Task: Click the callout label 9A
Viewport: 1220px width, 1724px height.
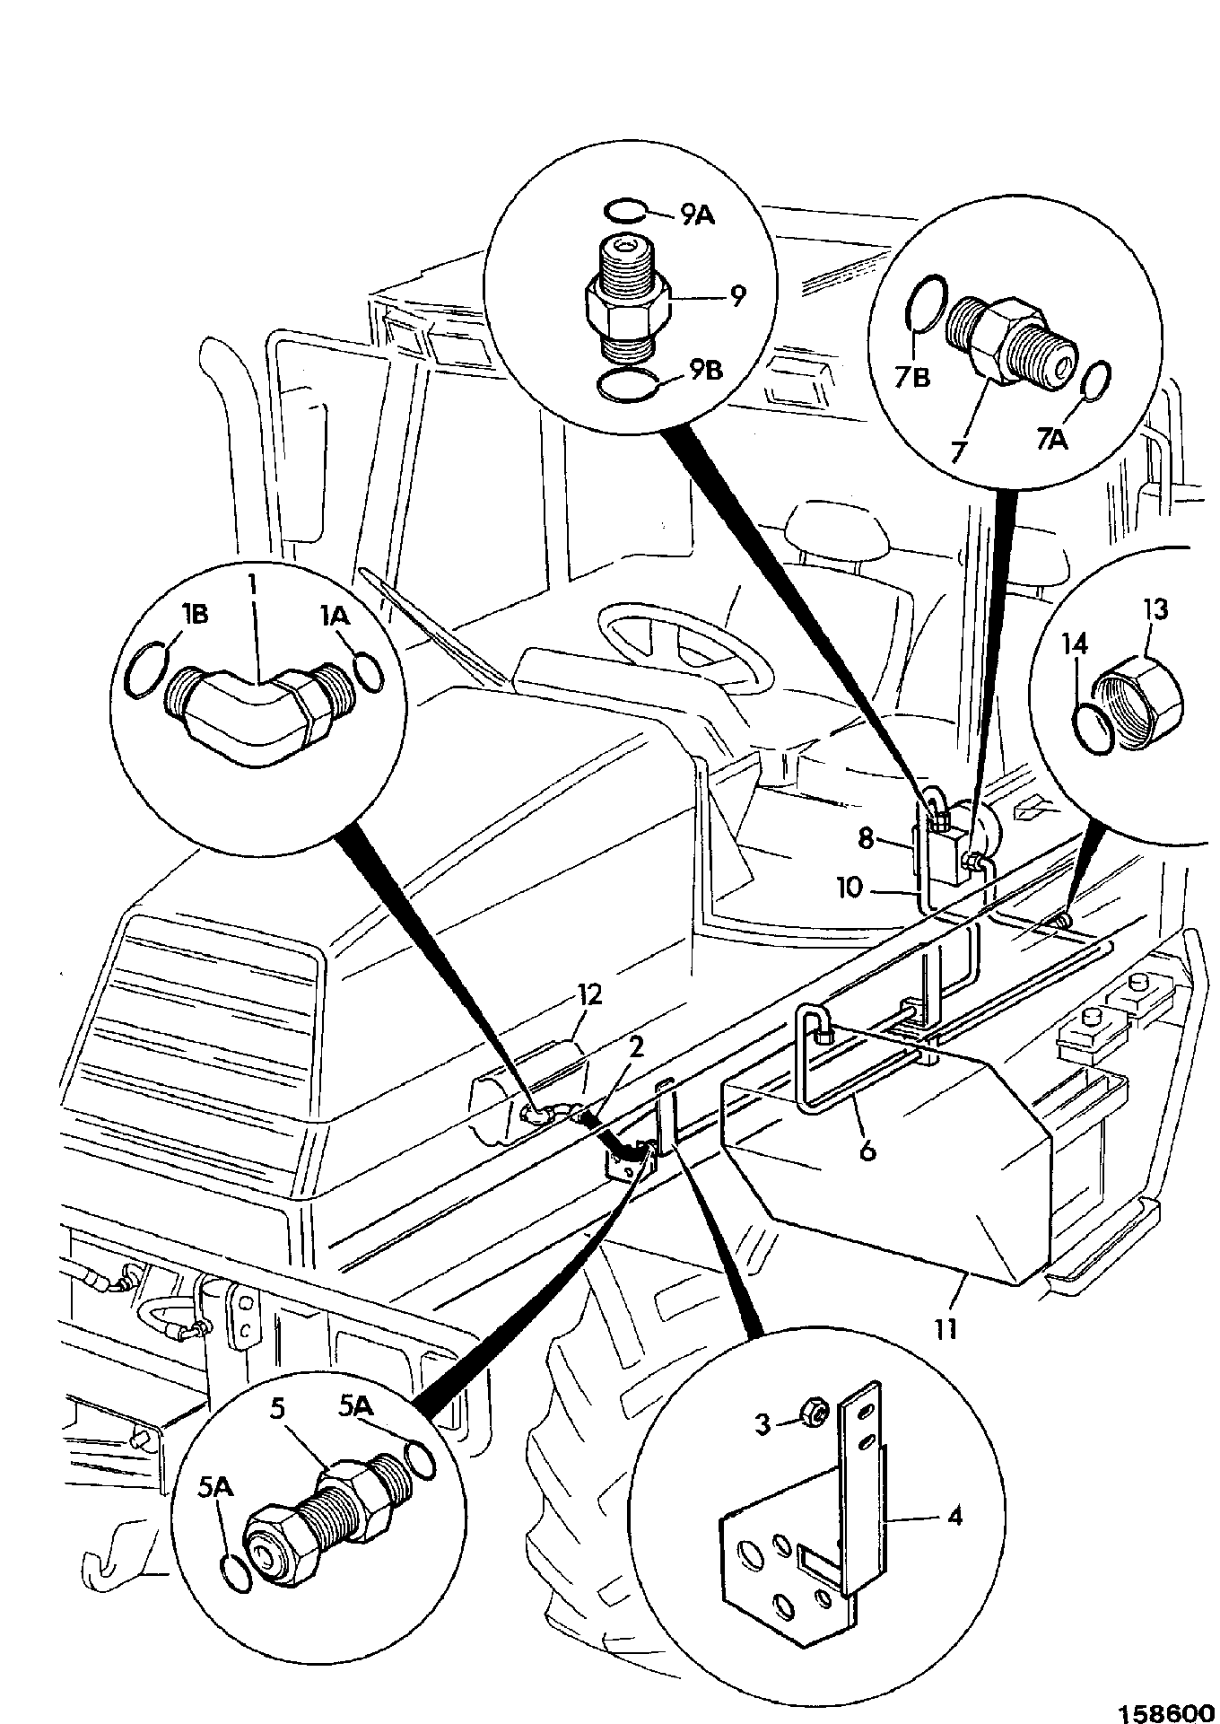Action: click(696, 216)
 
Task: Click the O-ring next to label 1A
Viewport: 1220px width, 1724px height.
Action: click(370, 672)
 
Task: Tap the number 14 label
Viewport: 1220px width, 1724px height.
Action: click(1075, 644)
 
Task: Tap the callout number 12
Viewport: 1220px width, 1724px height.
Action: click(590, 994)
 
